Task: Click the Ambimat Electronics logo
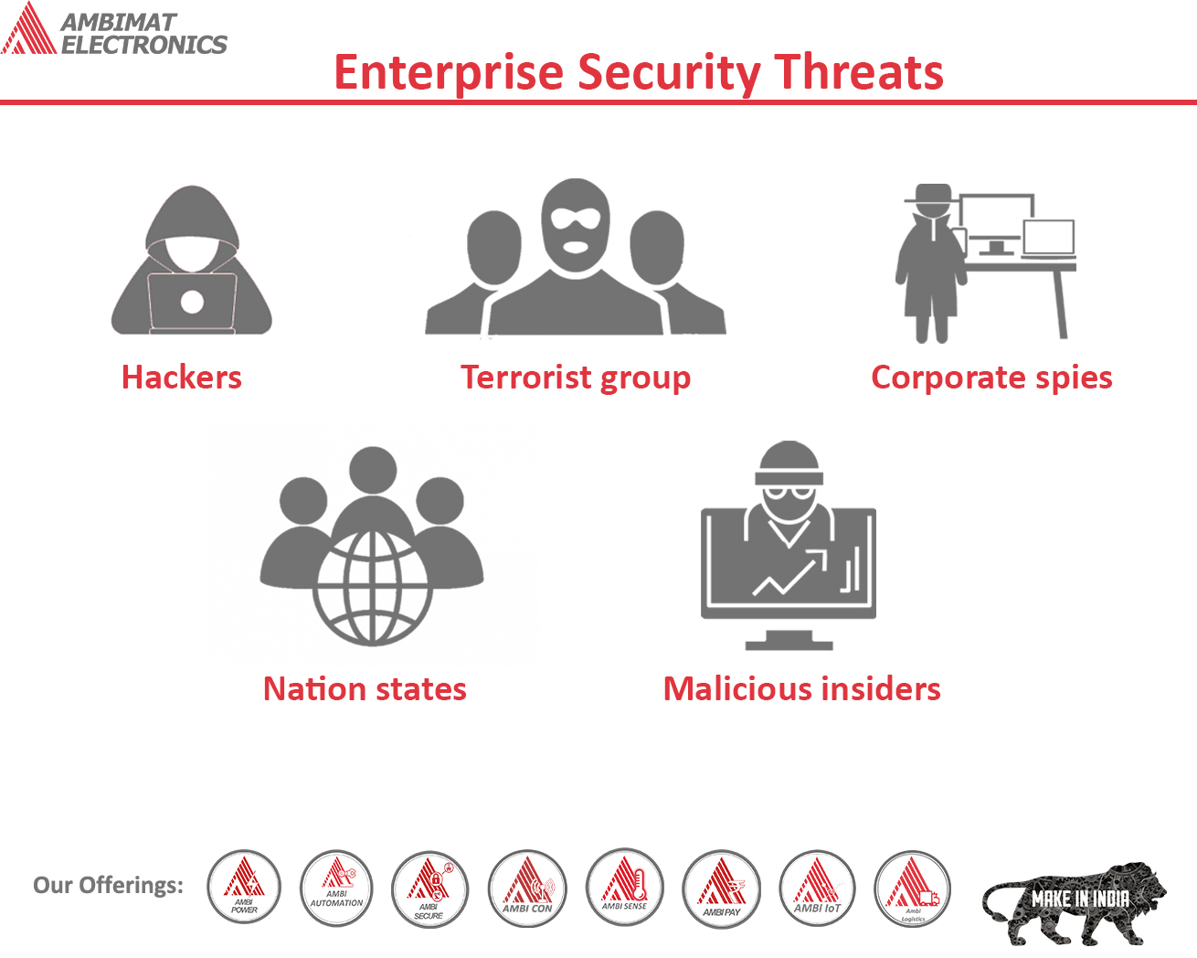[x=114, y=30]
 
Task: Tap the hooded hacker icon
[x=192, y=261]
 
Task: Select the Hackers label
[x=181, y=378]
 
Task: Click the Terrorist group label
[x=576, y=378]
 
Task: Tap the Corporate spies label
[x=991, y=378]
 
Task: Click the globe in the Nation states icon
[x=372, y=586]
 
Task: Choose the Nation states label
[x=365, y=689]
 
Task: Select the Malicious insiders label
[x=801, y=689]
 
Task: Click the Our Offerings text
[x=108, y=885]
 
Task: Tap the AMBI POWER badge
[x=244, y=888]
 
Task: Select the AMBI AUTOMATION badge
[x=336, y=888]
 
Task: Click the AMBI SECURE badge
[x=429, y=888]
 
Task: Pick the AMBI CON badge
[x=527, y=888]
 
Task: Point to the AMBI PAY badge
[x=722, y=888]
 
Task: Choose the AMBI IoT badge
[x=817, y=888]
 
